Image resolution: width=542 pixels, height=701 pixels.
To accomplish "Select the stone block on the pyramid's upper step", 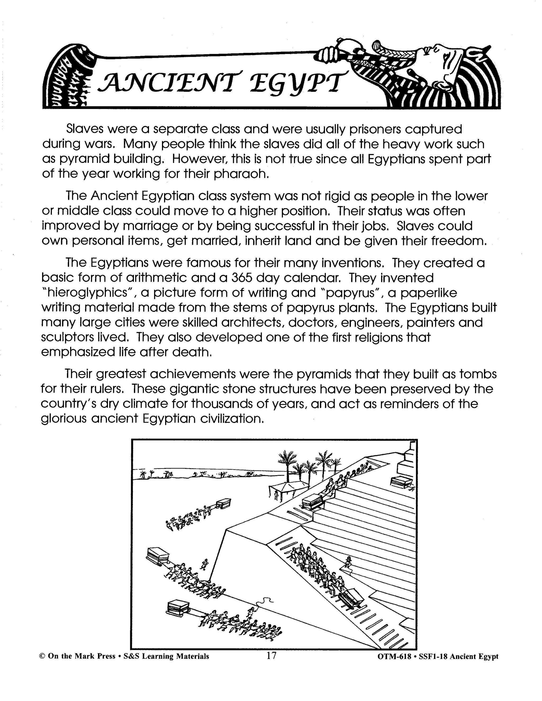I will [401, 481].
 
